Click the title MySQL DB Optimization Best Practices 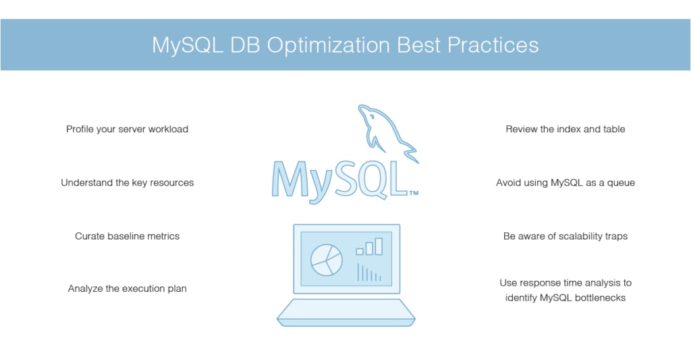pos(345,45)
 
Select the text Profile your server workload pos(127,129)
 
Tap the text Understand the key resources pos(127,182)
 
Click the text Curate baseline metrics pos(127,236)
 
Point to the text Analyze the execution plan pos(127,289)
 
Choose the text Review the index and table pos(565,129)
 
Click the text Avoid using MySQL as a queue pos(565,182)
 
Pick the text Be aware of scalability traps pos(565,236)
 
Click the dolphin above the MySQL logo pos(385,132)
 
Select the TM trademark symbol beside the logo pos(414,194)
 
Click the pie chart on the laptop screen pos(326,259)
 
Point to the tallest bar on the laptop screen pos(379,246)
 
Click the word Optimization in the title pos(327,45)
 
